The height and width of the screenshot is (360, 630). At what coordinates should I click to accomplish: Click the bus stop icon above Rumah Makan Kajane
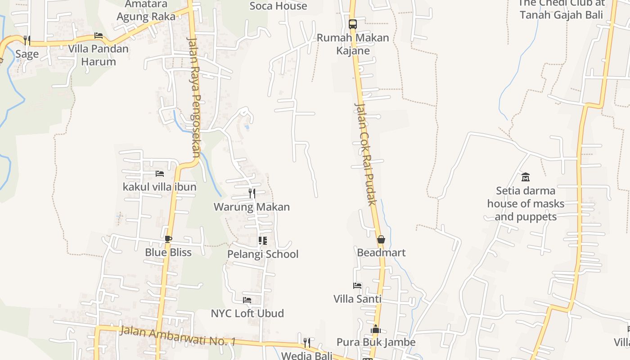click(x=353, y=24)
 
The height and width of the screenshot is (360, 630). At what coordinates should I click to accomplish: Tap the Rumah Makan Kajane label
click(x=353, y=44)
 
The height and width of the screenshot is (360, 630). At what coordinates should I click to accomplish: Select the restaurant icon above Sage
click(x=27, y=40)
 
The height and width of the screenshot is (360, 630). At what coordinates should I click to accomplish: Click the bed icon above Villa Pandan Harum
click(x=99, y=36)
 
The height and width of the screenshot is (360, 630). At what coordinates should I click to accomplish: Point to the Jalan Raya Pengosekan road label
click(x=194, y=96)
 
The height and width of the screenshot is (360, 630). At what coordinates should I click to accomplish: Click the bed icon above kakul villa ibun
click(x=159, y=173)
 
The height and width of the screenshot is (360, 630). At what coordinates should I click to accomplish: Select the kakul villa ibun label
click(x=159, y=186)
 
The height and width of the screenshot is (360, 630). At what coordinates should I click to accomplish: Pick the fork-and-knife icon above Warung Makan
click(x=252, y=193)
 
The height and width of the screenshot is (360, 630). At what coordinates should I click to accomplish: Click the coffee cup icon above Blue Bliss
click(x=168, y=239)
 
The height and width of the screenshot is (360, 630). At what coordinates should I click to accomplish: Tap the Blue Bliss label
click(x=168, y=252)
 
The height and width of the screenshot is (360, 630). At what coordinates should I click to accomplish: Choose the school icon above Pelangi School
click(x=263, y=241)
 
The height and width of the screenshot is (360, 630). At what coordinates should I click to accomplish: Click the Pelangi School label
click(x=263, y=254)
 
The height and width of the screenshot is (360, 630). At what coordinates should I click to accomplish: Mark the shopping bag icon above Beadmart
click(x=381, y=239)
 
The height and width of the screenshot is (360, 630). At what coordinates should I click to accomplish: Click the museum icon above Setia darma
click(x=525, y=177)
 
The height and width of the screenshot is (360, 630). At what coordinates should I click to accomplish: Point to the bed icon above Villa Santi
click(x=357, y=285)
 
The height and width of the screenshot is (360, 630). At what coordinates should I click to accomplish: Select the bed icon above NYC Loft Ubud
click(x=247, y=300)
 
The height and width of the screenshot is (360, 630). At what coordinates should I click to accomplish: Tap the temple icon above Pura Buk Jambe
click(x=376, y=329)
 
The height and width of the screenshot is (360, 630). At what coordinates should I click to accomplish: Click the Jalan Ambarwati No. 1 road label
click(x=178, y=336)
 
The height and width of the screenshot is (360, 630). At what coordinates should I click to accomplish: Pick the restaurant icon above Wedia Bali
click(x=307, y=343)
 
